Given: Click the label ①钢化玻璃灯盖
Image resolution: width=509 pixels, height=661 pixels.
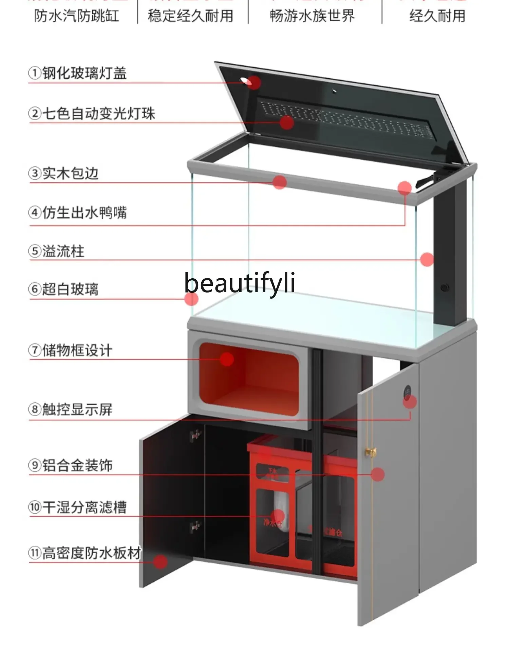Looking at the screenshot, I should [77, 73].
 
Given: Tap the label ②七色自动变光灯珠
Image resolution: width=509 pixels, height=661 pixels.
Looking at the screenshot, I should [92, 114].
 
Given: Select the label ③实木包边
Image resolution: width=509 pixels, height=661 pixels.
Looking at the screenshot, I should [63, 173].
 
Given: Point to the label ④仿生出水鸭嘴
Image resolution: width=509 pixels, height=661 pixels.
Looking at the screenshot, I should [77, 213].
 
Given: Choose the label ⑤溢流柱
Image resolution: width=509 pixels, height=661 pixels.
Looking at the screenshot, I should [56, 251].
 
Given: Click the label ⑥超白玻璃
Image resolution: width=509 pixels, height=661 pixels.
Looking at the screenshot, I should [63, 289].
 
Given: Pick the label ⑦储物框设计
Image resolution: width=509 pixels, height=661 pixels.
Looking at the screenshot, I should [70, 350].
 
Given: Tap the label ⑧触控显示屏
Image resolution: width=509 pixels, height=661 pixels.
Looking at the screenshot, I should [70, 409].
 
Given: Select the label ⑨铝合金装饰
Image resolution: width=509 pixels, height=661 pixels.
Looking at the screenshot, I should [70, 465].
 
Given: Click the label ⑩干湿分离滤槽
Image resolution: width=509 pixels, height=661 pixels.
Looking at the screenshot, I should [77, 507].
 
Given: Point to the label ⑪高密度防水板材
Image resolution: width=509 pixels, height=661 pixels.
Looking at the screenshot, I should [84, 553].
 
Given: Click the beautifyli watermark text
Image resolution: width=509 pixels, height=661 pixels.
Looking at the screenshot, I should [240, 283].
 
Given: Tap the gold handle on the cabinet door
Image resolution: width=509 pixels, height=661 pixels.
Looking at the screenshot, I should [371, 452].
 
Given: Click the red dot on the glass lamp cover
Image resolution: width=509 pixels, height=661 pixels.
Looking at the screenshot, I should [253, 82].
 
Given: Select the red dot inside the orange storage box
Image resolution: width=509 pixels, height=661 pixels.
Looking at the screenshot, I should [227, 359].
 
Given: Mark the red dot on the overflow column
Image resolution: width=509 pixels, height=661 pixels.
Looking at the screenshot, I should [427, 259].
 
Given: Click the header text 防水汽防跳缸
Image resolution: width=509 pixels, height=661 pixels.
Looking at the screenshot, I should [76, 16].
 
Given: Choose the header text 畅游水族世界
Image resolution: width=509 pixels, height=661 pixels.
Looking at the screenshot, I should [312, 16].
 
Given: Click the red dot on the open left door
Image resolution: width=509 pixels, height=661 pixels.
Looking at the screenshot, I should [160, 562].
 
